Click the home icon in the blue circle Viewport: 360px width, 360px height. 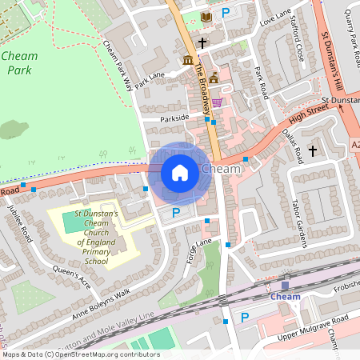(x=180, y=172)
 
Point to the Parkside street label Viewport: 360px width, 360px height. (x=175, y=118)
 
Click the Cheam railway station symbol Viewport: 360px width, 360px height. (x=285, y=285)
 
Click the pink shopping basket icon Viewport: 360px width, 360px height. (x=217, y=102)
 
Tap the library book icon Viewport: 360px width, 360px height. (x=207, y=16)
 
